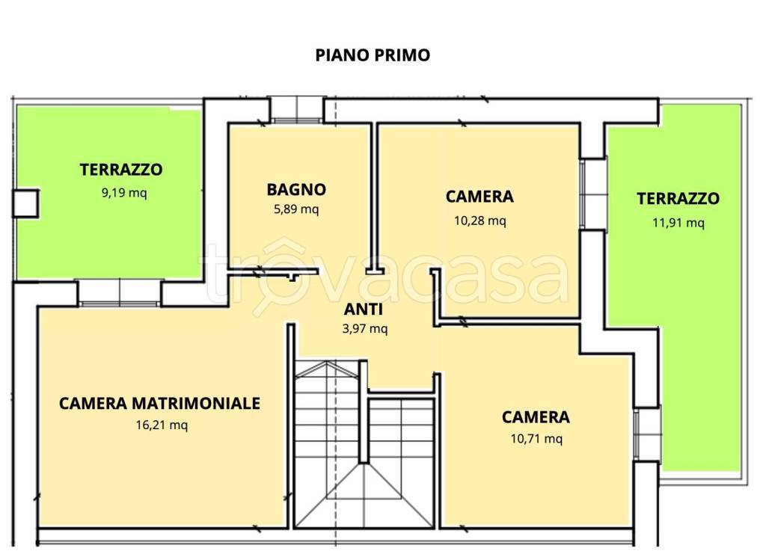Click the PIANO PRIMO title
[372, 55]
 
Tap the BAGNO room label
[295, 190]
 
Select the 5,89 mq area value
[295, 209]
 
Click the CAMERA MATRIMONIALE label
[159, 404]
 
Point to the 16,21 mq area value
[159, 425]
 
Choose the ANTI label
[364, 310]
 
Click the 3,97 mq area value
[364, 329]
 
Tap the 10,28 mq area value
[479, 221]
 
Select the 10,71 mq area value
[536, 439]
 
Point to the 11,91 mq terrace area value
[678, 222]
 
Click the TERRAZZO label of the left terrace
[121, 170]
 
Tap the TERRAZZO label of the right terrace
[678, 199]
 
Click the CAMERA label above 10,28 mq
[479, 197]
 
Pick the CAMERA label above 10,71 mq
[536, 417]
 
